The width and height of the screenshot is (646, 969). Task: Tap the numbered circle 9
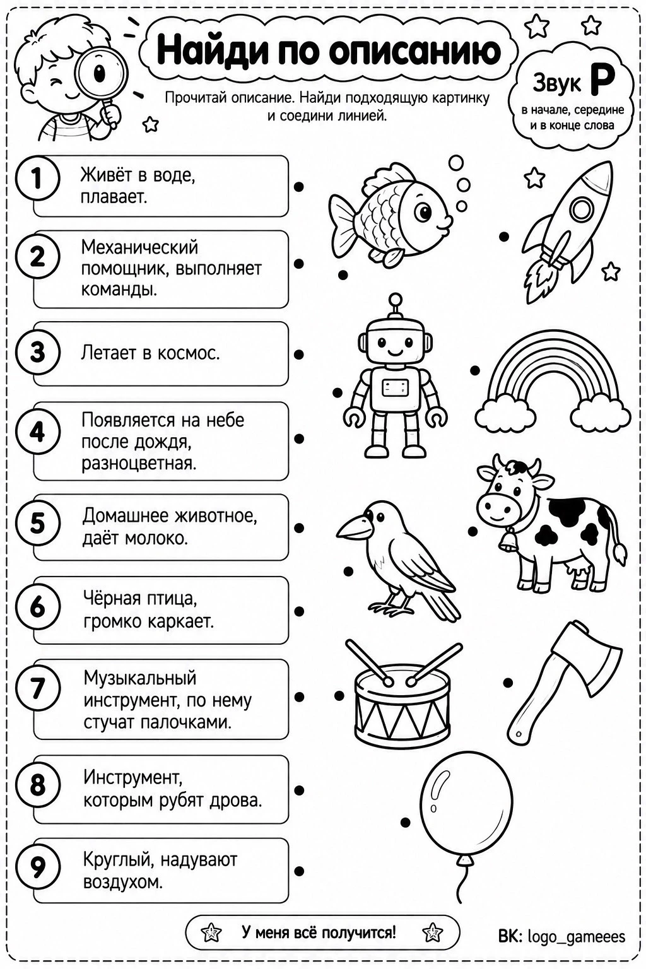(x=37, y=867)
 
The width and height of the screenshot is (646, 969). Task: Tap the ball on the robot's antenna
(x=395, y=300)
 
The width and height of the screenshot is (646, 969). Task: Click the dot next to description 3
(x=298, y=355)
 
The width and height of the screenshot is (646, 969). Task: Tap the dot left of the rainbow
(x=474, y=370)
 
